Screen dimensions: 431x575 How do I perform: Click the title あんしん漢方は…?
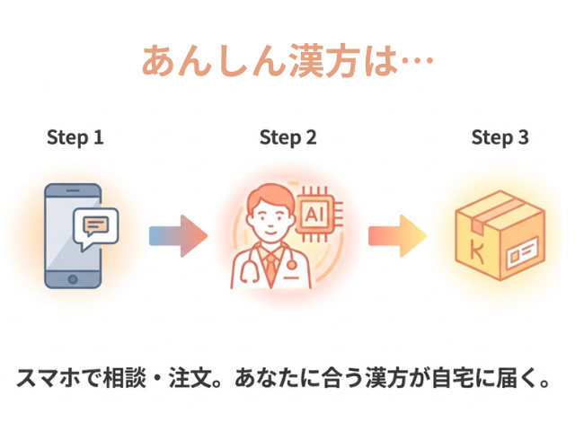click(287, 60)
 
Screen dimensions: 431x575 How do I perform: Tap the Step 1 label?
click(75, 137)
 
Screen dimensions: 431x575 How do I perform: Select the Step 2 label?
click(287, 137)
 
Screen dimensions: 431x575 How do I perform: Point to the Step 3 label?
click(500, 137)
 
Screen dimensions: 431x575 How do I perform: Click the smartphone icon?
click(74, 236)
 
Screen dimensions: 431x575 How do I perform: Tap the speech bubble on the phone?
click(96, 225)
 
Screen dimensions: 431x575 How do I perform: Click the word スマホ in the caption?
click(43, 378)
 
